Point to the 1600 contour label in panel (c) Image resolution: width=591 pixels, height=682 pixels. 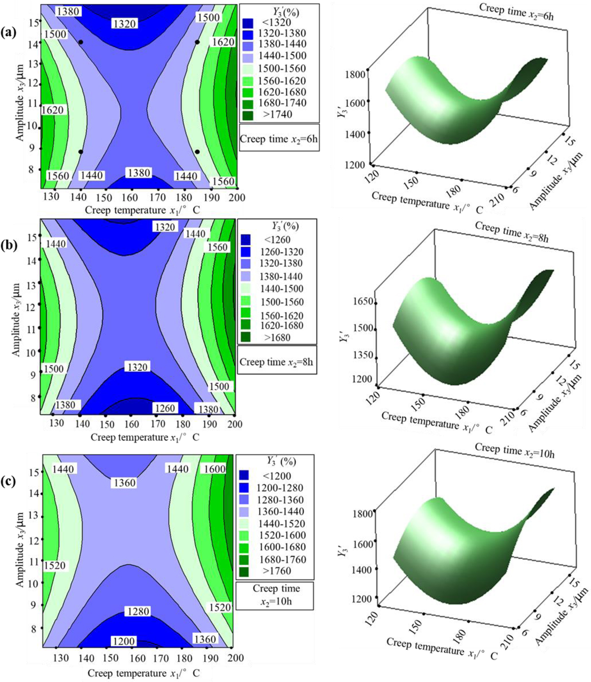pos(214,469)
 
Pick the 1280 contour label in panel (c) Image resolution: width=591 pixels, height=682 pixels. pos(137,611)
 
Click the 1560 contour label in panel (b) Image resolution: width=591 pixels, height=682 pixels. pos(217,247)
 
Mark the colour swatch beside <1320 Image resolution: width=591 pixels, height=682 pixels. pos(248,23)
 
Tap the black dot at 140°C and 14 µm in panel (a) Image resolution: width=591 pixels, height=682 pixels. pos(81,42)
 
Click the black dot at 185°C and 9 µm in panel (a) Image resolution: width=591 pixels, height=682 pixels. pos(197,152)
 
